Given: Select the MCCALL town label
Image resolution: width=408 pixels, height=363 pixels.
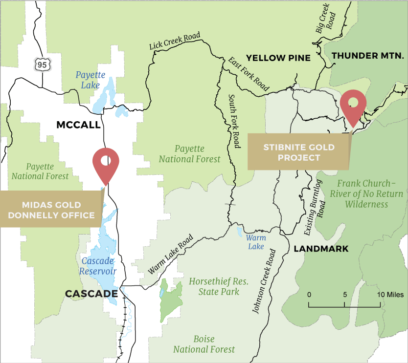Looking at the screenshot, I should click(78, 125).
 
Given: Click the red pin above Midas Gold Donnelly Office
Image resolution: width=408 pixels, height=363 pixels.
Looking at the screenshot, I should click(106, 163).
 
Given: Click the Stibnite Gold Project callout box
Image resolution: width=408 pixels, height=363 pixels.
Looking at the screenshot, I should click(298, 152).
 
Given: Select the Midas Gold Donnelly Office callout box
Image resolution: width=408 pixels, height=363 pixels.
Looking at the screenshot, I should click(51, 210).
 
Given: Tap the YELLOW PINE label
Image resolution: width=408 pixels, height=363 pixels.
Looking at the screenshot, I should click(278, 58).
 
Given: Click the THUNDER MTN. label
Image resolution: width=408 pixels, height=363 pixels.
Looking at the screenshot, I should click(367, 56).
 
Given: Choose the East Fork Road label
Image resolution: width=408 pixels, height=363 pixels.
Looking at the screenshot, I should click(248, 74).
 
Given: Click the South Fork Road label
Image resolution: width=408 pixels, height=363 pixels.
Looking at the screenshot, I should click(234, 122).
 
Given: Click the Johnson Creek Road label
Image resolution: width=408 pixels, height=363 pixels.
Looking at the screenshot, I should click(264, 281).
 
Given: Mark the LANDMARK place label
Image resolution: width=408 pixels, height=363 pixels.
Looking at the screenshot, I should click(321, 249).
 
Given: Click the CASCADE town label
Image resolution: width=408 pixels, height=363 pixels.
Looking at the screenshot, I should click(91, 294).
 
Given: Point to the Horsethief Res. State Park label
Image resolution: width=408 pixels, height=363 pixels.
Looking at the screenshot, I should click(219, 287).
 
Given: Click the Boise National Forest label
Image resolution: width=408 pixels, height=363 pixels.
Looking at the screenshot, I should click(204, 344).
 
